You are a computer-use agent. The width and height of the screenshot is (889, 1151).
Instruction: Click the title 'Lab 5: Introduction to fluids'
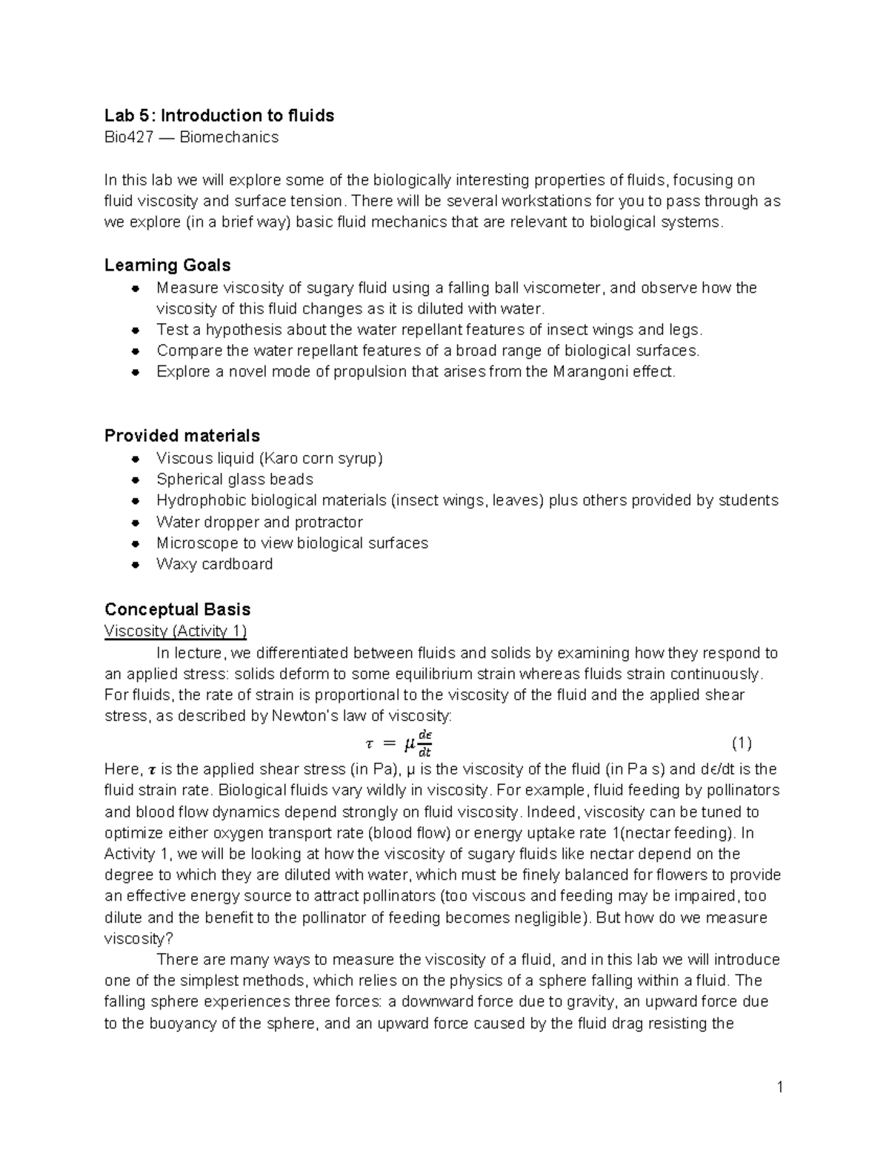tap(219, 116)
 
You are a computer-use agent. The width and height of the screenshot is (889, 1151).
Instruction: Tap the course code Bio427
tap(126, 137)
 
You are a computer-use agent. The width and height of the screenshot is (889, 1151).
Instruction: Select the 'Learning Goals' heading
tap(167, 265)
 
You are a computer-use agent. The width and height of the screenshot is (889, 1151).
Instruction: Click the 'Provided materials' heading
tap(182, 436)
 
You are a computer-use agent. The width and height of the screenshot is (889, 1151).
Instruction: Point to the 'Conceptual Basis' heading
tap(177, 609)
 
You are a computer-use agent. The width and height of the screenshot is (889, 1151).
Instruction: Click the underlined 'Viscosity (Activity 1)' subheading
tap(175, 631)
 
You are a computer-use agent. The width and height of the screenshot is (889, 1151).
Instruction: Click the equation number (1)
tap(742, 743)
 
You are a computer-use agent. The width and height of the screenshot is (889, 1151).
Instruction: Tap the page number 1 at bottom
tap(779, 1088)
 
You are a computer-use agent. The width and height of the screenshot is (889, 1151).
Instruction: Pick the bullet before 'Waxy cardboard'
tap(135, 565)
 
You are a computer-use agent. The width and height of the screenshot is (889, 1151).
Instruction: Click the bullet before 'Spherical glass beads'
tap(135, 480)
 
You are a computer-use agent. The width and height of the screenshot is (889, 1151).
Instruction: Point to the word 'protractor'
tap(328, 522)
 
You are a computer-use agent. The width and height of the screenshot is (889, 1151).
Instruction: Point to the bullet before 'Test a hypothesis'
tap(135, 330)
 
